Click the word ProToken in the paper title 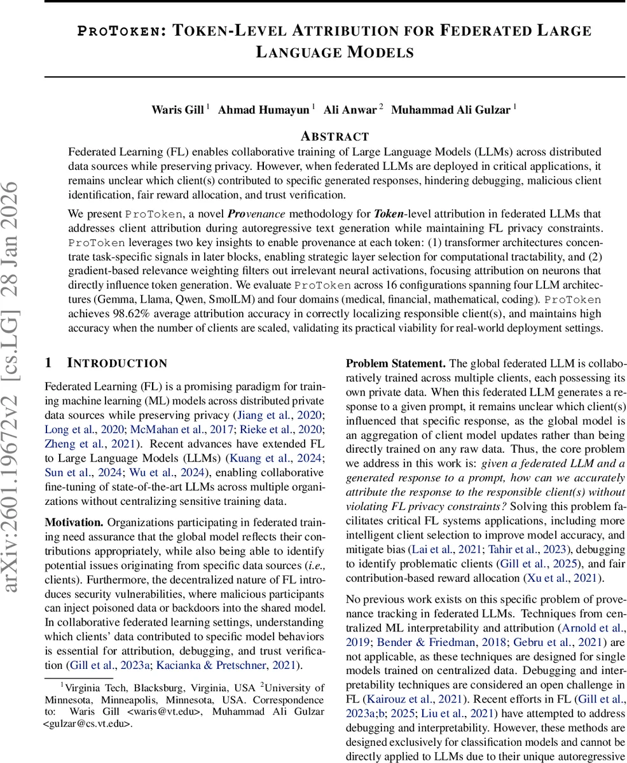tap(118, 31)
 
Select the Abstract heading tap(334, 136)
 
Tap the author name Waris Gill tap(178, 110)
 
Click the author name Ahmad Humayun tap(264, 110)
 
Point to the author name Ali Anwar tap(350, 110)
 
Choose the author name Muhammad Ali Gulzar tap(450, 110)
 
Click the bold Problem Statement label tap(395, 364)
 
